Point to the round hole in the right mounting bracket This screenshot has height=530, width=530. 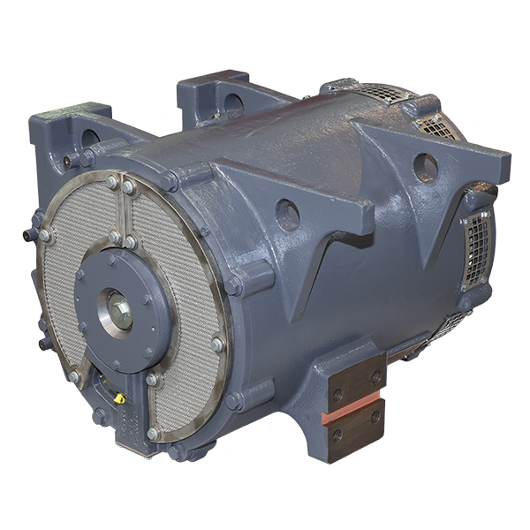tap(426, 165)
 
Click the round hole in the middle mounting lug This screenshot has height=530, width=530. tap(287, 213)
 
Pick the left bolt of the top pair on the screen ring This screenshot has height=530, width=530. tap(113, 183)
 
